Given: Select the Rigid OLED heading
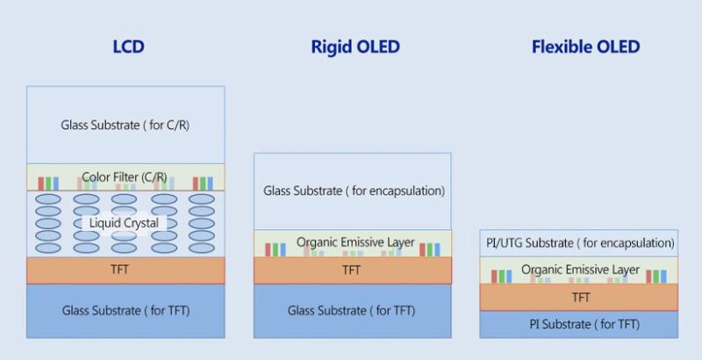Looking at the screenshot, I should (x=353, y=47).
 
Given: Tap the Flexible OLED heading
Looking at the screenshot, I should (x=585, y=47).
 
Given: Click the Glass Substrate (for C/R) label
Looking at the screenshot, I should (x=125, y=125).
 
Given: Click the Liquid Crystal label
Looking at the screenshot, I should (x=125, y=223).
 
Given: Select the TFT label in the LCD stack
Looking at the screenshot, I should (x=125, y=270).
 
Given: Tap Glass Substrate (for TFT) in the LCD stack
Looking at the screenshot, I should (x=125, y=310).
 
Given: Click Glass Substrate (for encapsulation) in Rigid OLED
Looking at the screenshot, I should (x=353, y=191).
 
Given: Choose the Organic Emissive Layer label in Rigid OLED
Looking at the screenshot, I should (x=355, y=242).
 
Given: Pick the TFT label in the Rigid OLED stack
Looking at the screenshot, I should (x=353, y=270).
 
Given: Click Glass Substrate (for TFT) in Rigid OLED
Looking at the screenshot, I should (x=353, y=310).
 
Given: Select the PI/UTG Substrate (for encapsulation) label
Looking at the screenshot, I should (x=580, y=243).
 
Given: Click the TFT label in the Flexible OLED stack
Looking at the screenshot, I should (x=580, y=298).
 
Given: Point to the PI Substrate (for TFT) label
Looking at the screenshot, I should (x=580, y=325).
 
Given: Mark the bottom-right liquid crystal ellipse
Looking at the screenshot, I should (x=202, y=248).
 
